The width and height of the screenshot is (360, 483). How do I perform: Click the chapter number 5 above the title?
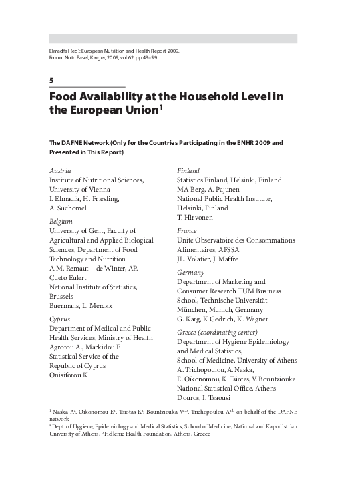(51, 80)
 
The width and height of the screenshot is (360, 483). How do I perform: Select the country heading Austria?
(61, 170)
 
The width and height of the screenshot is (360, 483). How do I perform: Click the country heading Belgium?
(62, 220)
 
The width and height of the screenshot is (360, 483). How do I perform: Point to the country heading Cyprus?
(60, 319)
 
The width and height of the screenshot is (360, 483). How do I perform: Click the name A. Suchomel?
(69, 208)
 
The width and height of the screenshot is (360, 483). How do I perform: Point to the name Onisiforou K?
(69, 376)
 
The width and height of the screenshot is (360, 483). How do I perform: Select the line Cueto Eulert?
(70, 277)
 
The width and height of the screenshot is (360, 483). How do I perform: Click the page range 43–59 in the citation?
(164, 57)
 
